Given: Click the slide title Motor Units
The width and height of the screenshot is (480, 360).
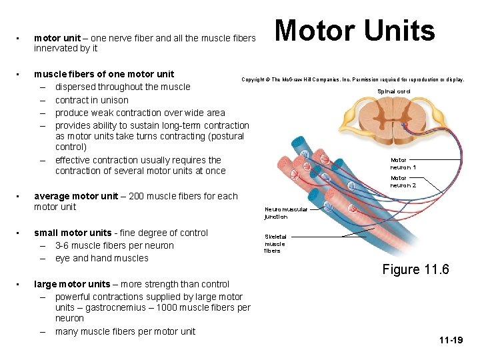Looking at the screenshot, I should pos(355,31).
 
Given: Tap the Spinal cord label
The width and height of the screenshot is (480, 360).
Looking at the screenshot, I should pos(394,91).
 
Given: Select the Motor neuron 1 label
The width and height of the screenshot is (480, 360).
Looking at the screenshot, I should pos(403,163).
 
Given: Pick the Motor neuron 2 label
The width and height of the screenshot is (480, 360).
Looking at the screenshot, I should pos(403,181).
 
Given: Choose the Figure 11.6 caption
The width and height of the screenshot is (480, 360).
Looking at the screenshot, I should pos(415,269).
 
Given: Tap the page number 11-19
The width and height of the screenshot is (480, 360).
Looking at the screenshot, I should pos(451,340).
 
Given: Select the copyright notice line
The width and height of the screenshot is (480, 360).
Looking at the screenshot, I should pos(353,79).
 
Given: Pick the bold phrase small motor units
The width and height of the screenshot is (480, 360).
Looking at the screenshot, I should pos(73,233).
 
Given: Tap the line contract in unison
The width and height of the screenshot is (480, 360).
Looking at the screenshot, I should pos(91,100).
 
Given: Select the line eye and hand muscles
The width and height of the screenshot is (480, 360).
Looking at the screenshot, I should pos(101,258).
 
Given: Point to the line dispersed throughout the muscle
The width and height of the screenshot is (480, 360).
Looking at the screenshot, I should pos(122,87).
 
